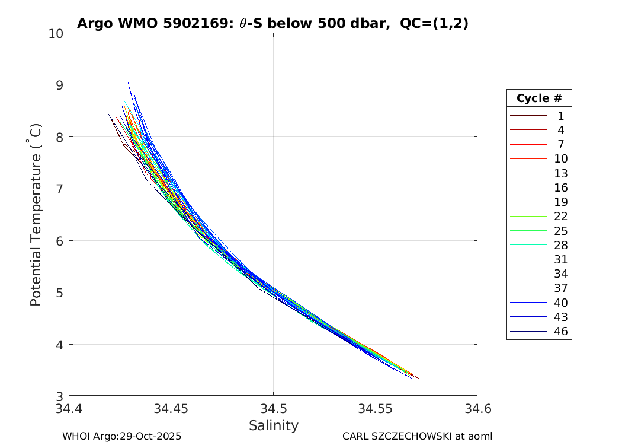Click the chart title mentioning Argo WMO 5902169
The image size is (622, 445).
coord(272,24)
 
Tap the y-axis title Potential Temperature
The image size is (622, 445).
coord(36,215)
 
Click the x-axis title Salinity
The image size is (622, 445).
coord(273,425)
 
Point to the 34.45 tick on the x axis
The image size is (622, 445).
coord(171,409)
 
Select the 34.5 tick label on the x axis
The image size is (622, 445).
coord(273,409)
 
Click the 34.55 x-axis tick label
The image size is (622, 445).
coord(375,409)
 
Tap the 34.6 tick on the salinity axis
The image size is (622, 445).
coord(477,409)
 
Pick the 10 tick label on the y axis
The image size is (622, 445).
coord(56,33)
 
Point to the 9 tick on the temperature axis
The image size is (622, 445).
coord(59,85)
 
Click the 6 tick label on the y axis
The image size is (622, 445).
coord(59,241)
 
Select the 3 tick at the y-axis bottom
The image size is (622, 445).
coord(59,396)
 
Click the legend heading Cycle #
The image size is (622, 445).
coord(539,98)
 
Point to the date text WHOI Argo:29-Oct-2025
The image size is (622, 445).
coord(121,436)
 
